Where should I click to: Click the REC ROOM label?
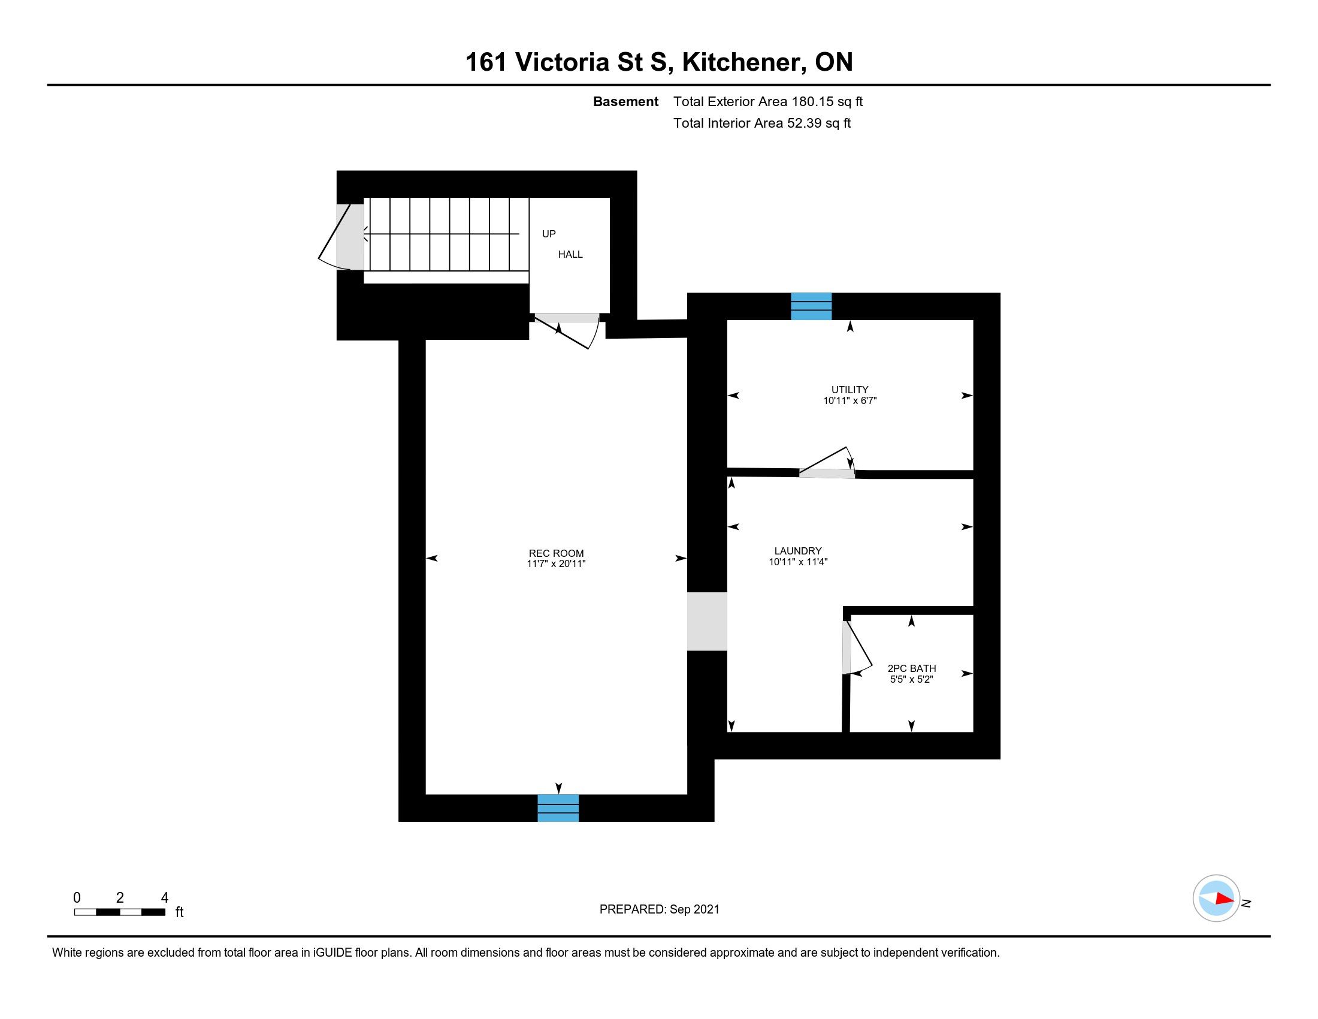[x=557, y=553]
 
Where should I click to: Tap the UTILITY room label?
[x=850, y=390]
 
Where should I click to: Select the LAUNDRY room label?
[x=798, y=550]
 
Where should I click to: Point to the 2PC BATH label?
[x=911, y=668]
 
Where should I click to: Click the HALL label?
[x=570, y=254]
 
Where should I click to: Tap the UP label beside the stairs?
[x=549, y=234]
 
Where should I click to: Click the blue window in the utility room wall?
[x=811, y=306]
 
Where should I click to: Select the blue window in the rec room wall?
[x=558, y=808]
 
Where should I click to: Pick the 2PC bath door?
[x=857, y=648]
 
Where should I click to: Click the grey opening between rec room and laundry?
[x=708, y=621]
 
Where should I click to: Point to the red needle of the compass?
[x=1225, y=899]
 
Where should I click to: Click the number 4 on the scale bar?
[x=164, y=898]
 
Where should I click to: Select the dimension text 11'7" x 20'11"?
[x=557, y=564]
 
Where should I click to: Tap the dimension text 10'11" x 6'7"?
[x=850, y=400]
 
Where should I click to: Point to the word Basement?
[x=626, y=101]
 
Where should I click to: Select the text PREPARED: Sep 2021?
[x=660, y=909]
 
